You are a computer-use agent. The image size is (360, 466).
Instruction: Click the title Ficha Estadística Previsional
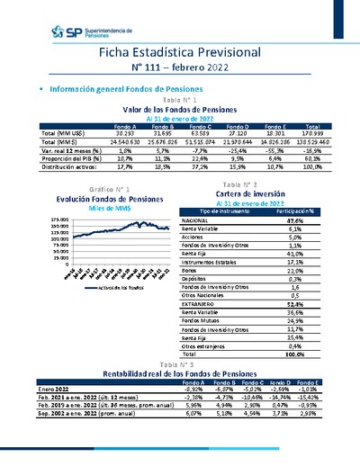(180, 54)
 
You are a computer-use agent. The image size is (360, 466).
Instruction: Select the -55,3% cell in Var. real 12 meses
(277, 150)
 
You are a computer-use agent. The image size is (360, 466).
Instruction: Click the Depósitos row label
(194, 279)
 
